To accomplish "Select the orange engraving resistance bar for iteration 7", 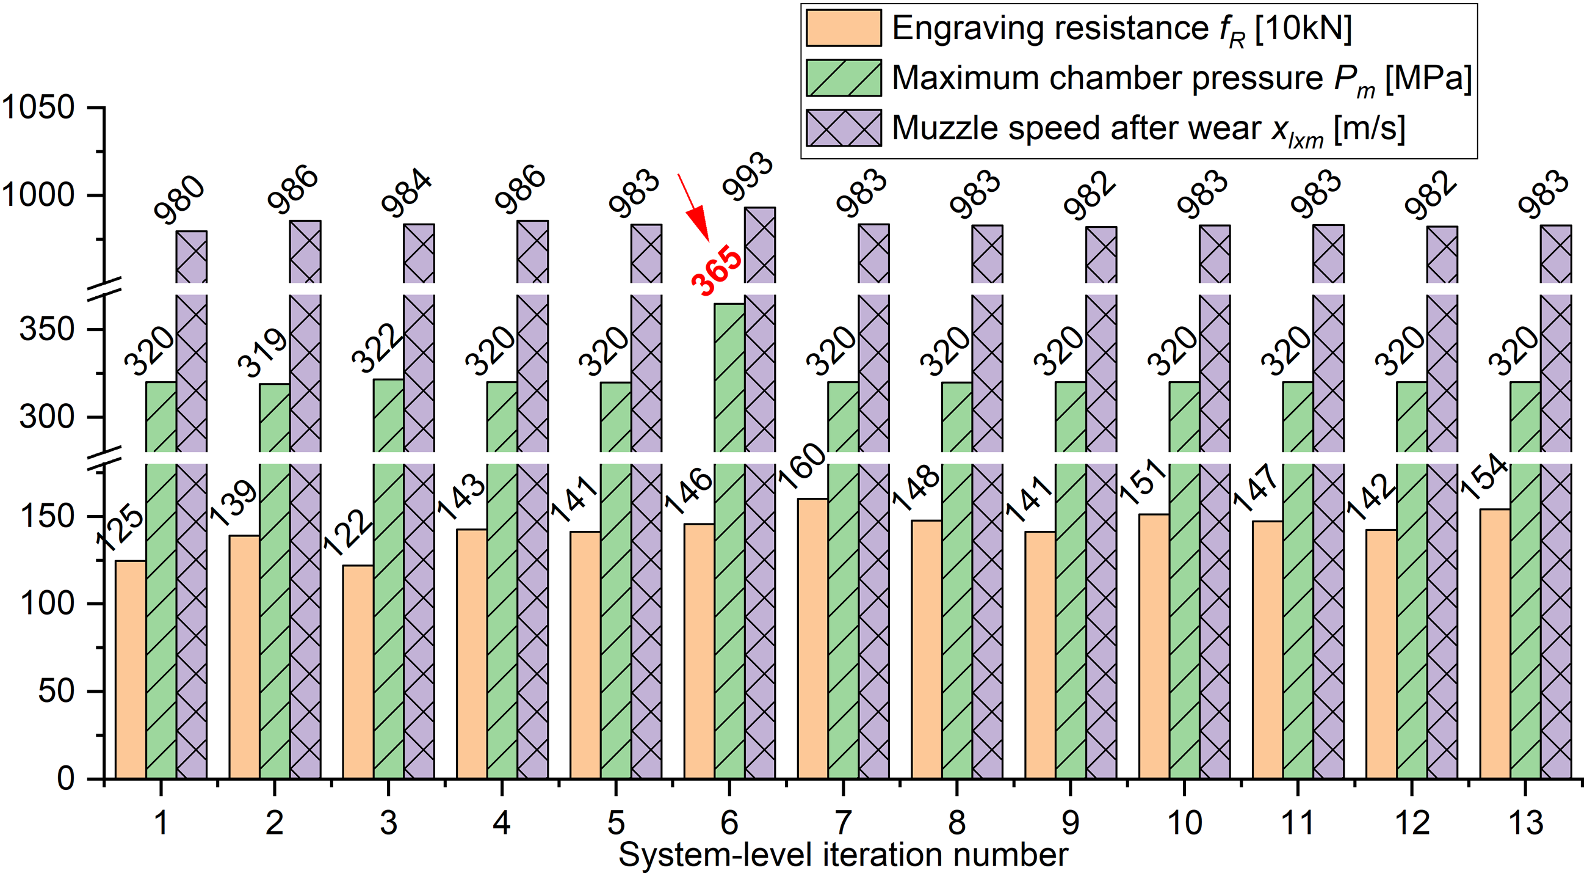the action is click(812, 638).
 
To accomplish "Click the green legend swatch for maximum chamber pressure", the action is click(844, 78).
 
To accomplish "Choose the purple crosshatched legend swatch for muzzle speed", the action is click(844, 128).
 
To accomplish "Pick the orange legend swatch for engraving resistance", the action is click(844, 27).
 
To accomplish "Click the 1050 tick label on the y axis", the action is click(38, 108).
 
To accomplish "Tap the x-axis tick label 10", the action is click(1184, 822).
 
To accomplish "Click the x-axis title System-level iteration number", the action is click(844, 855).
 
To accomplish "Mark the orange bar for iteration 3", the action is click(358, 672).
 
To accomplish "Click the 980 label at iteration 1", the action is click(179, 199).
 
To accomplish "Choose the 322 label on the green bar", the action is click(377, 349).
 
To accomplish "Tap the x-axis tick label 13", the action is click(1525, 822).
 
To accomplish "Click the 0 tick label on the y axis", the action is click(65, 779).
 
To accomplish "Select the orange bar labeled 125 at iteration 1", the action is click(131, 670).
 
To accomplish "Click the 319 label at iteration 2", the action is click(263, 352).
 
